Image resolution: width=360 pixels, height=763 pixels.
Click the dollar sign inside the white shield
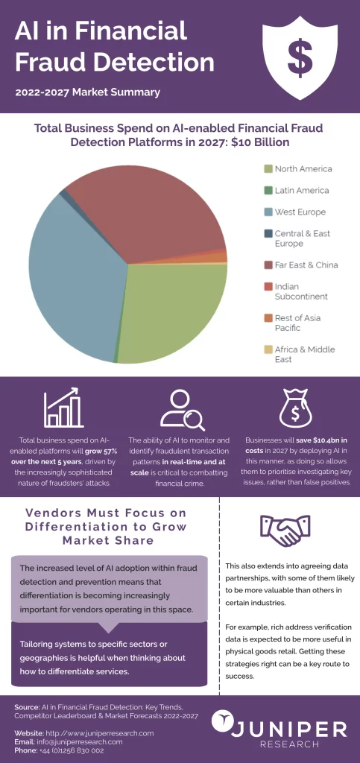coord(301,56)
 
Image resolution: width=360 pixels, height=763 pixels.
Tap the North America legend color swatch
coord(268,169)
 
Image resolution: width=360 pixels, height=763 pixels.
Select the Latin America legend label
coord(301,191)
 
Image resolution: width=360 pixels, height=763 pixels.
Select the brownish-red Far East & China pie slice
coord(149,209)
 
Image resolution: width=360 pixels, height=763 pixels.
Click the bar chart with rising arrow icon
coord(62,408)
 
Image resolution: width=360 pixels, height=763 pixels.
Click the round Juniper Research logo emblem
coord(224,721)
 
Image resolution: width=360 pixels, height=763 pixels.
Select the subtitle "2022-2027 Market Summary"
coord(87,93)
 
